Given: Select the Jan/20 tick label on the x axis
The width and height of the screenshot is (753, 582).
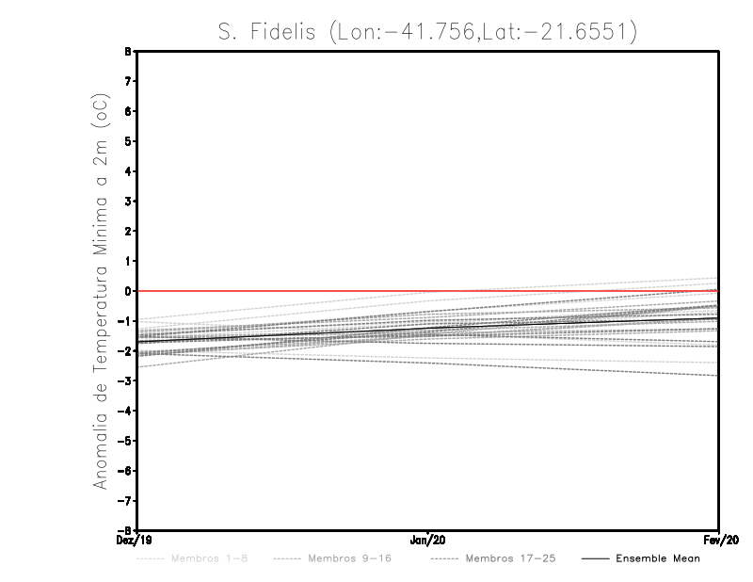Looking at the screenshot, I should point(428,541).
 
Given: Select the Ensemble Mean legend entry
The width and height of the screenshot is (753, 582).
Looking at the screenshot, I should point(657,558).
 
